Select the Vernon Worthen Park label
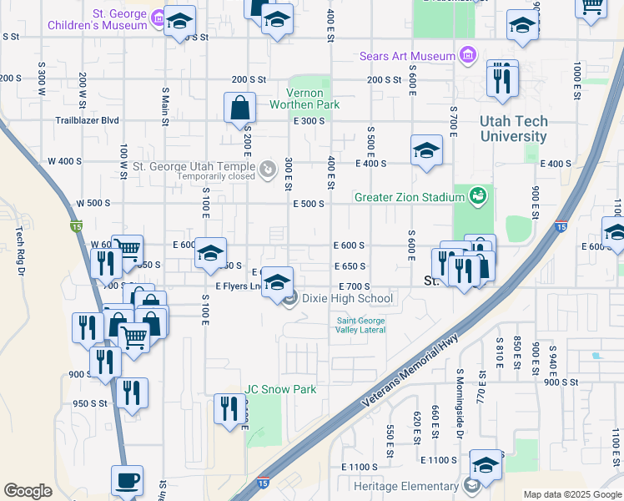point(304,99)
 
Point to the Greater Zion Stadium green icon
point(477,197)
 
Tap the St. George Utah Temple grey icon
point(268,170)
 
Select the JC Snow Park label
point(280,389)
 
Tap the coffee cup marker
point(127,482)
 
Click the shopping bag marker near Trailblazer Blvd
point(239,108)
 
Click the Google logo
point(28,491)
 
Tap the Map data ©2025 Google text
point(571,494)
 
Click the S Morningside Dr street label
point(460,392)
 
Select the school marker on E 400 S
point(426,151)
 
